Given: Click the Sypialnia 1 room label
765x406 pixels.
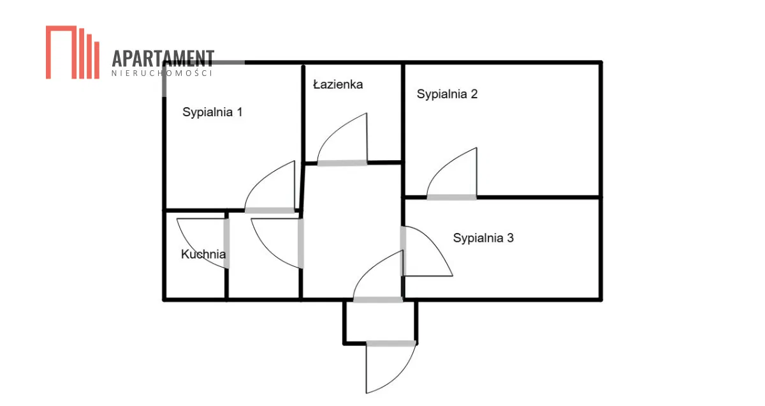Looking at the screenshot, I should (212, 112).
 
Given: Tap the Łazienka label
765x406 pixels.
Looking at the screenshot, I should (338, 84).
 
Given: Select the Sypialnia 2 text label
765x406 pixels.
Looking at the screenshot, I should (447, 94).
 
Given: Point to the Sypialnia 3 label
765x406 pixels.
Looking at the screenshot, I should (483, 238).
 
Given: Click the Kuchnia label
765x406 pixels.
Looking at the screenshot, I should (203, 254).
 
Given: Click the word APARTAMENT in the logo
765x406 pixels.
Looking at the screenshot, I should (163, 59).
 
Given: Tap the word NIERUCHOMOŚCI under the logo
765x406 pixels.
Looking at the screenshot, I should (163, 73).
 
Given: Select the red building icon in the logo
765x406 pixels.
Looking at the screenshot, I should (72, 52).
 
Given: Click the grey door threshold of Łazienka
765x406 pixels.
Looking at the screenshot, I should (342, 163).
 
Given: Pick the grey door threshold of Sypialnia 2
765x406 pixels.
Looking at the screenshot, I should (451, 197).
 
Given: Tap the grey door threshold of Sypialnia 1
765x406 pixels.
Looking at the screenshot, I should (270, 210).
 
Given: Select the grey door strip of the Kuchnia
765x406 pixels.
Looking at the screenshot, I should (226, 243).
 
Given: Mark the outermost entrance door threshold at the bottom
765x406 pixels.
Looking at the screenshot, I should (391, 343).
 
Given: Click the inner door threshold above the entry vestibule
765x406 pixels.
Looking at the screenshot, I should (377, 299).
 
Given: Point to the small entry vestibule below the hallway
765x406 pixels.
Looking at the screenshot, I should (381, 321).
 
